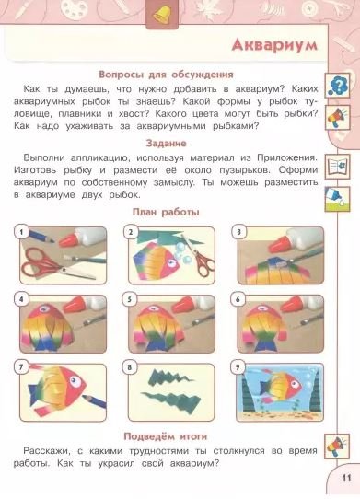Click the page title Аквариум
274,45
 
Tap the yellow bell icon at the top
162,15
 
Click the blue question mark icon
337,86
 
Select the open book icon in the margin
337,167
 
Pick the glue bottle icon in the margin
337,199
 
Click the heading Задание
166,144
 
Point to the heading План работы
166,212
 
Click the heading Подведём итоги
166,436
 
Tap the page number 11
346,478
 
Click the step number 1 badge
21,232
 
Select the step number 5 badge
130,300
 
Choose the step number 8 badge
130,368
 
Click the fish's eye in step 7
75,380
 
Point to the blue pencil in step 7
94,400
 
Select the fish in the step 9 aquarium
281,386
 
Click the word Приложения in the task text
287,157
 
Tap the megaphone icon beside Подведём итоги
337,447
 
